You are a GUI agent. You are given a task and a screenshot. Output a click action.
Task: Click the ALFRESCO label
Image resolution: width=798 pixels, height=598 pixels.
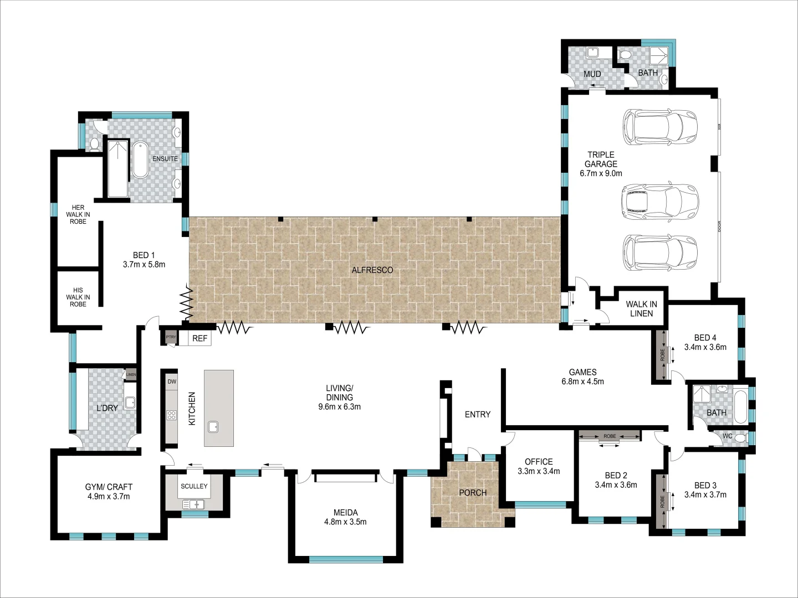(372, 270)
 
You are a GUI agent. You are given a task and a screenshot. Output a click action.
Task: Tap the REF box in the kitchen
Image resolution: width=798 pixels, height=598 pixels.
(199, 338)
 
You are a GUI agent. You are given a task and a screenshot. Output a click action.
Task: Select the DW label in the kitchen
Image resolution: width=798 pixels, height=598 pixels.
(172, 382)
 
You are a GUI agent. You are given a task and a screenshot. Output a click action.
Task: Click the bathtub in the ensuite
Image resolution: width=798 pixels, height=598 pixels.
(140, 159)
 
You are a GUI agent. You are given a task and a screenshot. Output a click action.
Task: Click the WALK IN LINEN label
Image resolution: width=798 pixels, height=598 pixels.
(641, 309)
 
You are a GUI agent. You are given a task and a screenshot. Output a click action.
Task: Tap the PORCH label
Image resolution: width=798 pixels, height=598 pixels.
(473, 493)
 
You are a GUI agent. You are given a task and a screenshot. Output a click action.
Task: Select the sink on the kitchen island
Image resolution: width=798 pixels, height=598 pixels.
(213, 427)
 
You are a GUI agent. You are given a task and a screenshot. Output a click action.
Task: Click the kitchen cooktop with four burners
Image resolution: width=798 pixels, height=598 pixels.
(172, 414)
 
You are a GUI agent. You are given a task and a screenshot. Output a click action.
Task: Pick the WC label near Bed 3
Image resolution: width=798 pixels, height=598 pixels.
(728, 436)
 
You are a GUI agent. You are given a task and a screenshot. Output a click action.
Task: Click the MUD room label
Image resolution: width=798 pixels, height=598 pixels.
(592, 74)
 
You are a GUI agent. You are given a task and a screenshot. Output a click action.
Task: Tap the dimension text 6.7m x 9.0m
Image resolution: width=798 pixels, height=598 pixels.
(601, 173)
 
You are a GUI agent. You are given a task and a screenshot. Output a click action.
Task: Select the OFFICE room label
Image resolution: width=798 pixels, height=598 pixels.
(539, 461)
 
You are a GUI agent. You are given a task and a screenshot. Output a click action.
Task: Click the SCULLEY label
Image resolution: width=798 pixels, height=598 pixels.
(194, 486)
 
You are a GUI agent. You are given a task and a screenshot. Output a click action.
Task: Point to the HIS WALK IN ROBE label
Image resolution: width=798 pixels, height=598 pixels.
(78, 297)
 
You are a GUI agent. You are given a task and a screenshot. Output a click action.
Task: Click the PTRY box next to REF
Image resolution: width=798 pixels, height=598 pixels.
(171, 337)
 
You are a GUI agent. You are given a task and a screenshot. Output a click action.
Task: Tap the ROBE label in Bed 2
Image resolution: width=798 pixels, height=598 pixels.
(610, 436)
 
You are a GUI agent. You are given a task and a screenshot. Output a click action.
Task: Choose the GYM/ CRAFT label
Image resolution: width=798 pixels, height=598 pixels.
(109, 487)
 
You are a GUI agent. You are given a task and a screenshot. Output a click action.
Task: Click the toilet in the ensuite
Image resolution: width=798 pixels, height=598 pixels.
(94, 145)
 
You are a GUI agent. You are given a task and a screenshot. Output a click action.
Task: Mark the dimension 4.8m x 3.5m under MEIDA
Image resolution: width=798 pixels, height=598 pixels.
(345, 522)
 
